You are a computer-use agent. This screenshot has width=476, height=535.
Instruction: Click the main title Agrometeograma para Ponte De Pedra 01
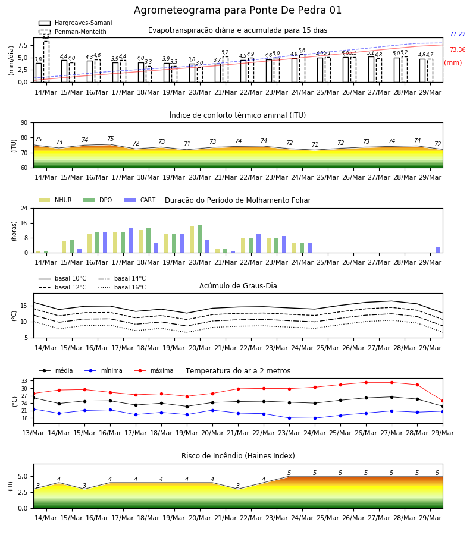(237, 10)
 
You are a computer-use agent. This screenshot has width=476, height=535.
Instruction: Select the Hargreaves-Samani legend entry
(76, 23)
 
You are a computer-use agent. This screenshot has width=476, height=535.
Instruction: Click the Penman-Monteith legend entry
(73, 32)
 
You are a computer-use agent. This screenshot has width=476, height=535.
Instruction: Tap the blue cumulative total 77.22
(458, 34)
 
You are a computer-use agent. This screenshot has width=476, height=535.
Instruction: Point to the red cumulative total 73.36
(458, 49)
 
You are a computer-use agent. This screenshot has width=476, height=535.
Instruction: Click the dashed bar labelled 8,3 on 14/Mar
(46, 61)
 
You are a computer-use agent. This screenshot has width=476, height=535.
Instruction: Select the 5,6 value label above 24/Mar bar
(302, 51)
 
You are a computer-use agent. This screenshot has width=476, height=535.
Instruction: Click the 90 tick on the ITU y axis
(24, 123)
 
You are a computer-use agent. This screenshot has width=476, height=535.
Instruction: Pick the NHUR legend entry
(55, 200)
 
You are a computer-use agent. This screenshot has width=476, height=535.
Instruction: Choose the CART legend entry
(140, 200)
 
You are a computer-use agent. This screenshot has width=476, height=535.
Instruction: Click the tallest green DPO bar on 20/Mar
(200, 239)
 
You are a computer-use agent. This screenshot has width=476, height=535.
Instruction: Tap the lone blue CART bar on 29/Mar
(438, 250)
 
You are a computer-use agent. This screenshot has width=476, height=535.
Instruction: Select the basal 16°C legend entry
(122, 287)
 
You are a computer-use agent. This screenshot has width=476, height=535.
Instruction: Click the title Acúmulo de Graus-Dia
(238, 285)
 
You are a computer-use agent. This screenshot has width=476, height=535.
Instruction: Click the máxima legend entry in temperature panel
(154, 370)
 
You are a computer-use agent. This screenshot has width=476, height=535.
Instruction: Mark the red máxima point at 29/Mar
(443, 401)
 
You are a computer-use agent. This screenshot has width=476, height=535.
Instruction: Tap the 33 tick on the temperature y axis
(24, 381)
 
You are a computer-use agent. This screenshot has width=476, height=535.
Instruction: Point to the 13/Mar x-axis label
(33, 433)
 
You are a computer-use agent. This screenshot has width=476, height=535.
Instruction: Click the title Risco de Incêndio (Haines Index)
(238, 455)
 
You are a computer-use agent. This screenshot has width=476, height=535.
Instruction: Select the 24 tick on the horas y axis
(24, 208)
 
